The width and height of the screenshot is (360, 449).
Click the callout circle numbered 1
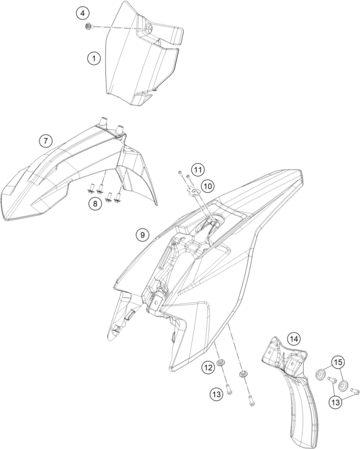(x=94, y=59)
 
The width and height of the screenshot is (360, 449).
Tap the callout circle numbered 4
(x=83, y=13)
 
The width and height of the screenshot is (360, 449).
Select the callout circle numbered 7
(x=46, y=140)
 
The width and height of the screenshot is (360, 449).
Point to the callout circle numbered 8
(x=95, y=204)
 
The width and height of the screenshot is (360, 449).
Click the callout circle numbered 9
(x=142, y=235)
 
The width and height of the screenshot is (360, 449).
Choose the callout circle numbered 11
(x=198, y=170)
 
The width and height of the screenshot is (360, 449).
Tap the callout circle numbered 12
(x=208, y=367)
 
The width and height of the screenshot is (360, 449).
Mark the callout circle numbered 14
(x=294, y=339)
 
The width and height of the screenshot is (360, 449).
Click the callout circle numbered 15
(x=338, y=362)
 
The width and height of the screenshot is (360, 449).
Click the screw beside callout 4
(x=89, y=27)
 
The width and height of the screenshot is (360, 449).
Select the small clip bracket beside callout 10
(x=192, y=190)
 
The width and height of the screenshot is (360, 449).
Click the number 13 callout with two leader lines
(x=336, y=402)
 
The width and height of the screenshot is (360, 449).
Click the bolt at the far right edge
(x=355, y=390)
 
